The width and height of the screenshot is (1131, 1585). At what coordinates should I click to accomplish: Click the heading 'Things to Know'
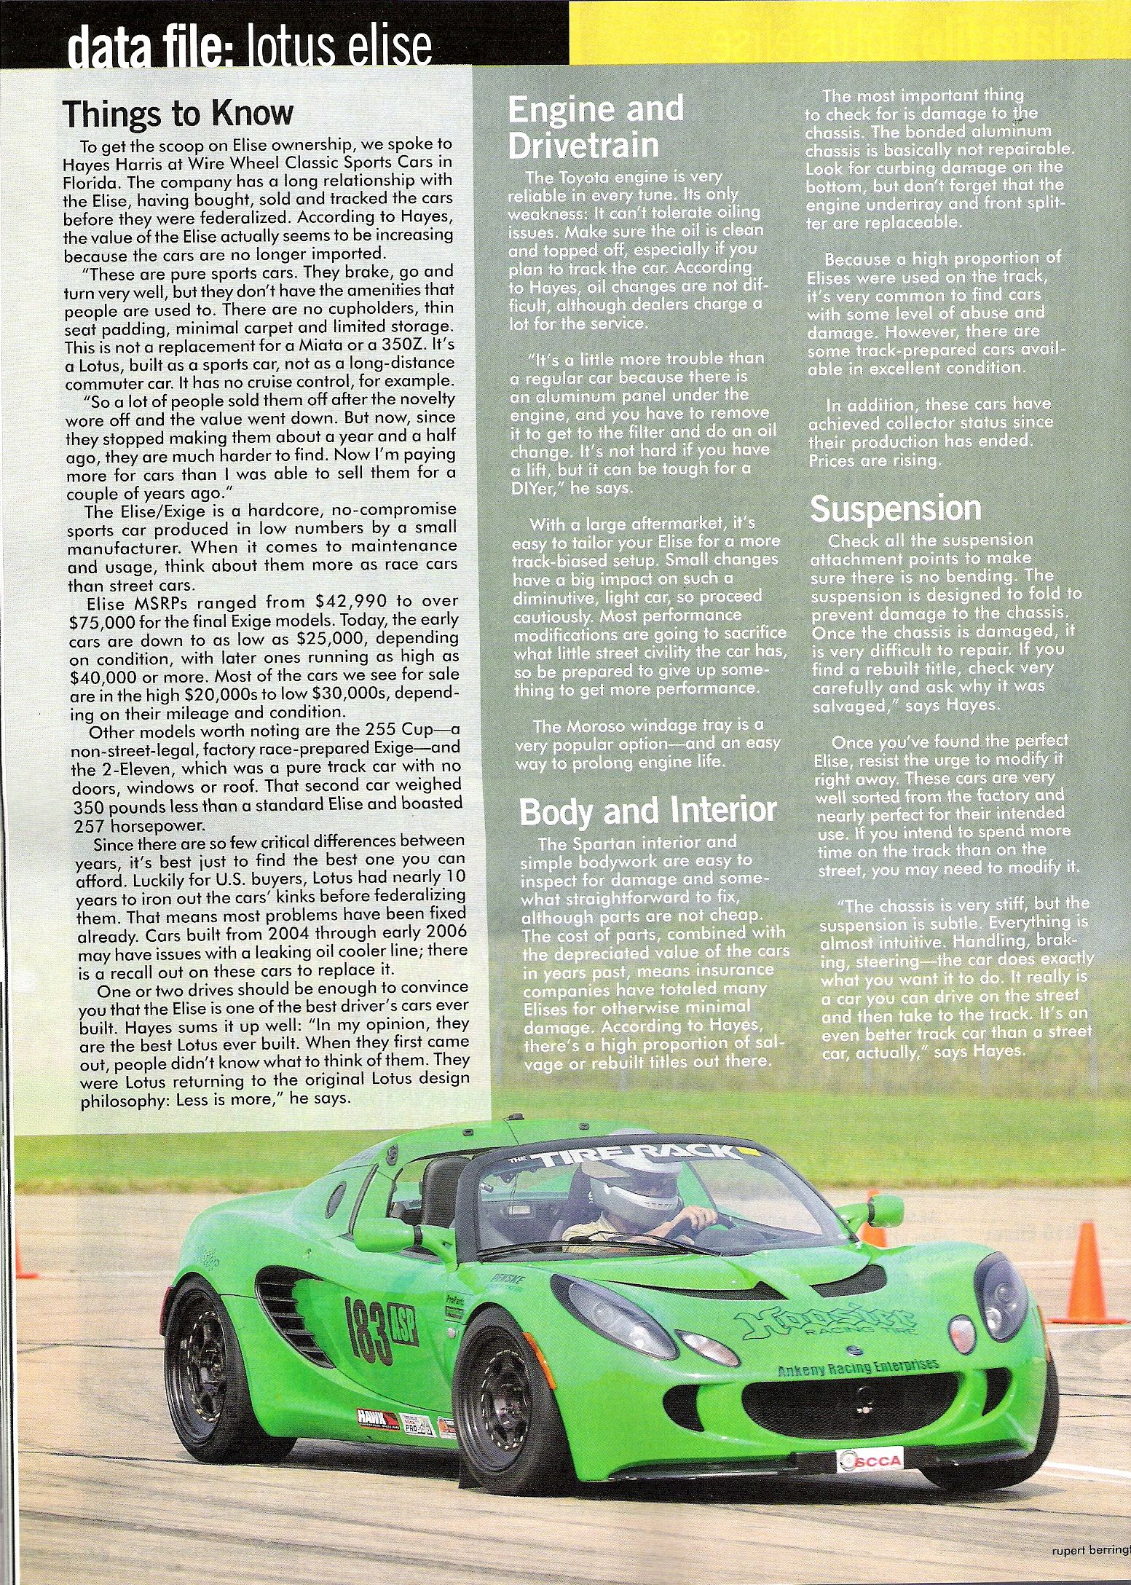[x=178, y=114]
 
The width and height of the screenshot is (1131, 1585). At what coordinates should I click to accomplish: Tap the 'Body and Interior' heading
[x=647, y=811]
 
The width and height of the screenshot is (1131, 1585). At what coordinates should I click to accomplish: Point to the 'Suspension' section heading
[x=895, y=508]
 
